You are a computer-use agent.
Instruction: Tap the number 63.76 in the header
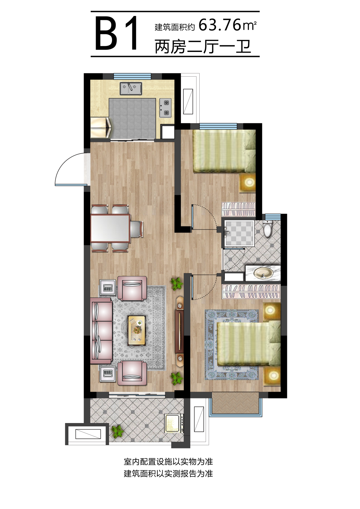pyautogui.click(x=220, y=25)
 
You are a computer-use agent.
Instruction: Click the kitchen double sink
pyautogui.click(x=131, y=89)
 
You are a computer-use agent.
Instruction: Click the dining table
pyautogui.click(x=111, y=228)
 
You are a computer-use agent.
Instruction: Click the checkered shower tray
pyautogui.click(x=239, y=233)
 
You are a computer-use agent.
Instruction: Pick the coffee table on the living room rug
pyautogui.click(x=137, y=330)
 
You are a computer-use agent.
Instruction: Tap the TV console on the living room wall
pyautogui.click(x=179, y=331)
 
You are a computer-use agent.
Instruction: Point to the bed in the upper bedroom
pyautogui.click(x=224, y=151)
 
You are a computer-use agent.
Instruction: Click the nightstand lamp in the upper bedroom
pyautogui.click(x=248, y=182)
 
